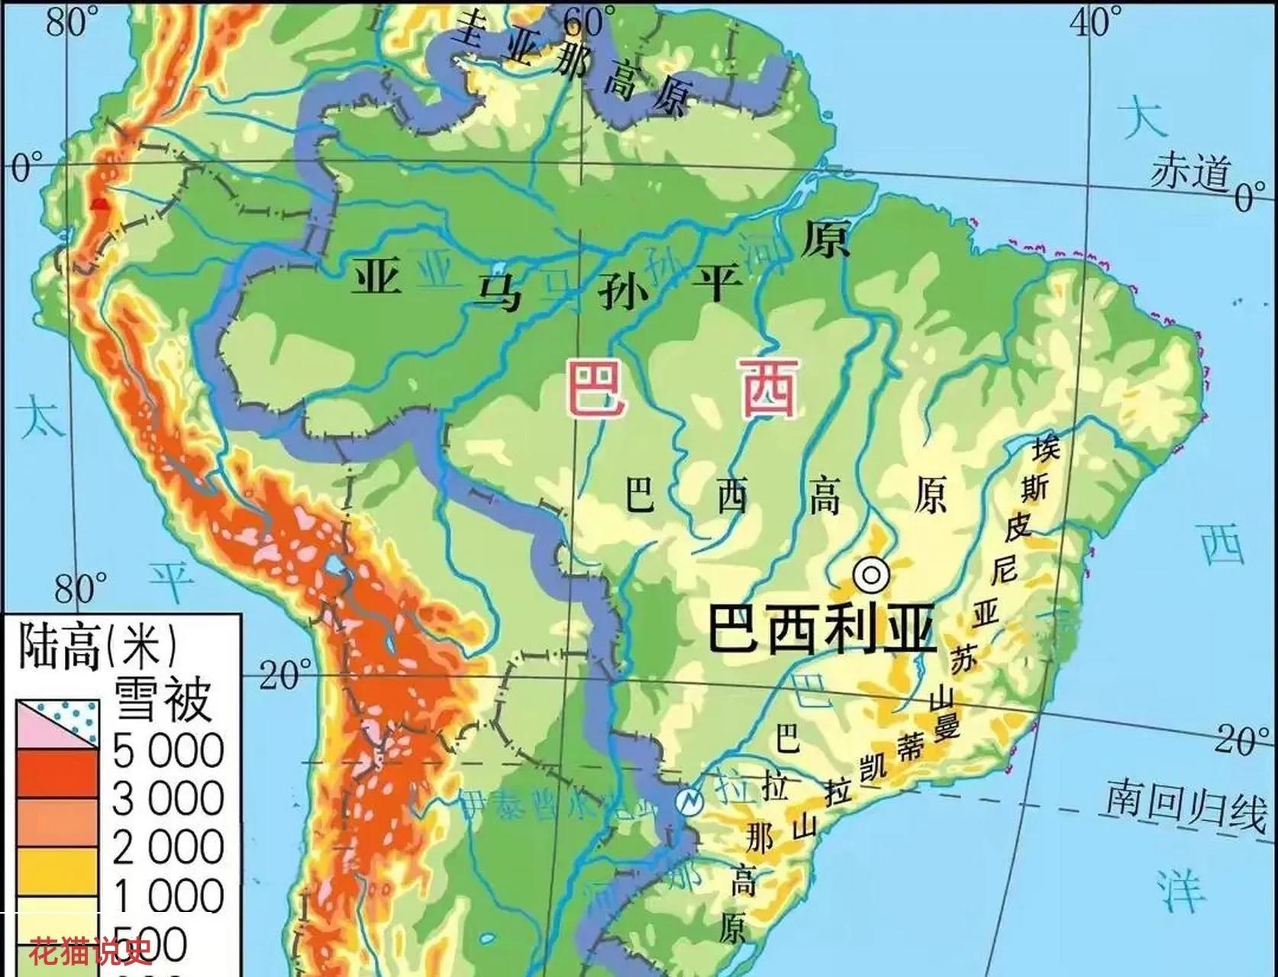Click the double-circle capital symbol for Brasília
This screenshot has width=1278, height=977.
click(x=871, y=575)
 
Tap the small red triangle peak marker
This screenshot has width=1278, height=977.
click(x=98, y=204)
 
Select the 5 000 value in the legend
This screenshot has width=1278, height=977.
click(x=168, y=751)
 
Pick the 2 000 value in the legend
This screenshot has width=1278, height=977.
click(x=168, y=847)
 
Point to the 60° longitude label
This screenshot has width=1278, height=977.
click(x=589, y=21)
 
